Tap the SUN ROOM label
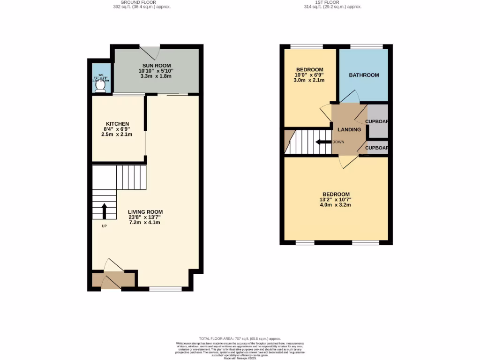point(157,65)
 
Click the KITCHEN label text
point(117,124)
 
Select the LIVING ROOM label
point(145,212)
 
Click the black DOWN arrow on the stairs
point(322,142)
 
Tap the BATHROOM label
point(364,75)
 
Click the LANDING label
point(349,130)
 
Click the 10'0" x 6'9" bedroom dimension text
point(309,75)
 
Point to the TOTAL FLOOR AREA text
point(240,338)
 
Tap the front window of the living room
point(165,289)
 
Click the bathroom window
point(366,46)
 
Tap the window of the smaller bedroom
point(306,46)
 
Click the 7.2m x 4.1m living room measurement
point(145,223)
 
